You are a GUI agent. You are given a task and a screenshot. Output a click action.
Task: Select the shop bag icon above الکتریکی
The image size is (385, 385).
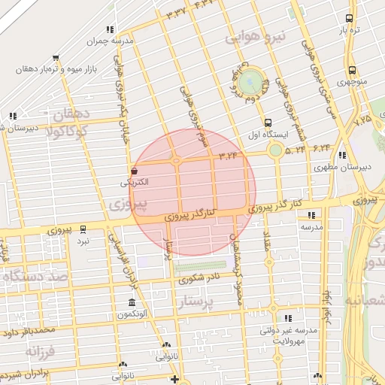point(134,171)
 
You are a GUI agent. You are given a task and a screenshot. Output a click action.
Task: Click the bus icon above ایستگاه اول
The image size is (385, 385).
point(268,123)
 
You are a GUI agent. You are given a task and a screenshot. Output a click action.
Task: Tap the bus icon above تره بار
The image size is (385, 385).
point(349,19)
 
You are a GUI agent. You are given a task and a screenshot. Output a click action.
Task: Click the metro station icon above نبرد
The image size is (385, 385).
point(83,229)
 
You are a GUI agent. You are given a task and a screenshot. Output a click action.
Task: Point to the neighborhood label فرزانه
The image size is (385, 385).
point(41,351)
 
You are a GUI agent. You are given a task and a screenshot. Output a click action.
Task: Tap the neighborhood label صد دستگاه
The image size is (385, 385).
point(34,277)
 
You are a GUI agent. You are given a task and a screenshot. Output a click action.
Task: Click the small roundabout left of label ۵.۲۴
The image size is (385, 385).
point(275,150)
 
